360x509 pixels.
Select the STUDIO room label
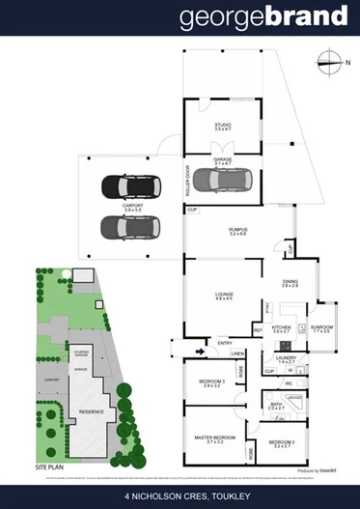223,127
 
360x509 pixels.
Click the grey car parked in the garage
221,180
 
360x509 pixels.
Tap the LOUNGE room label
224,297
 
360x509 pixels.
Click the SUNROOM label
321,327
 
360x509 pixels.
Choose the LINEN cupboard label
237,353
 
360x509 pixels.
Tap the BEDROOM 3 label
212,382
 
